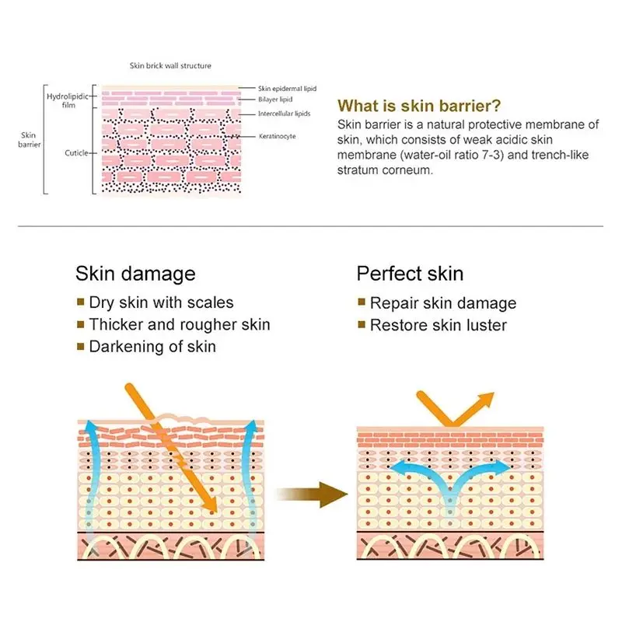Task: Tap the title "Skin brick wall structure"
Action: (x=170, y=66)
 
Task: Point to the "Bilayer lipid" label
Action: (x=275, y=100)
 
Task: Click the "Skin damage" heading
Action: (x=135, y=274)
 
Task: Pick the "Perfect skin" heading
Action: (x=410, y=274)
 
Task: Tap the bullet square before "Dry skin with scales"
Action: (x=80, y=302)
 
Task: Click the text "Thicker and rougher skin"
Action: (x=180, y=324)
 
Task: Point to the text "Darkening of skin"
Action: (x=152, y=347)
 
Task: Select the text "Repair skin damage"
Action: (x=443, y=303)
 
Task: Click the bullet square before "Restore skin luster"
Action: (x=361, y=325)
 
